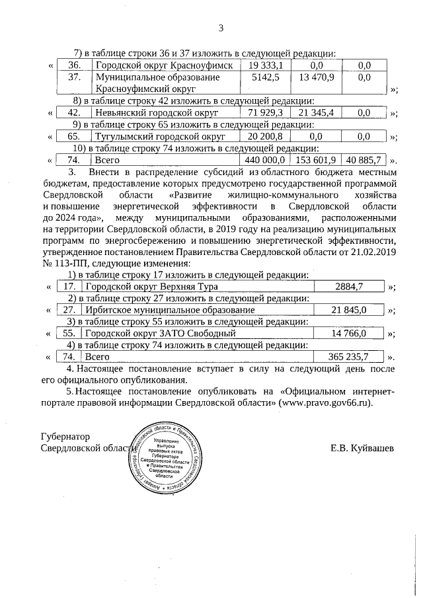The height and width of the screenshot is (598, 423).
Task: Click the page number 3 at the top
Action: (221, 28)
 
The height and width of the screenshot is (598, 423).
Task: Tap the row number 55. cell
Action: (67, 334)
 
